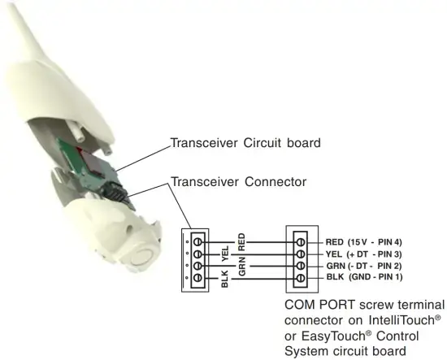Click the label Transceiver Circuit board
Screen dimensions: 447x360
[245, 143]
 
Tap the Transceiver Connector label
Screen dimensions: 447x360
[238, 182]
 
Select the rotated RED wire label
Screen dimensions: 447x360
[241, 241]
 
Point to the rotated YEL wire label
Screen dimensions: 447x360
[225, 254]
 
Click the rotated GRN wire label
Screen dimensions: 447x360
[242, 267]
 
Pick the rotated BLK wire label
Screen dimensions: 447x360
[225, 279]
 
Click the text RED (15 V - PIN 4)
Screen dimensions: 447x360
[364, 242]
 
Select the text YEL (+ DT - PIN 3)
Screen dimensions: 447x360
[364, 254]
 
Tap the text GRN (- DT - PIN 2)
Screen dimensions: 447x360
[364, 266]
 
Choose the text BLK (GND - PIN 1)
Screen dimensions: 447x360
[364, 277]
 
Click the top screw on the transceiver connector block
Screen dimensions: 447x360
[197, 242]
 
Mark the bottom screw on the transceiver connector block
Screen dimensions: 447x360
[197, 278]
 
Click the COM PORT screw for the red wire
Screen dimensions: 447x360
[301, 242]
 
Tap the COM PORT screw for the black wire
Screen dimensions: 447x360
[301, 278]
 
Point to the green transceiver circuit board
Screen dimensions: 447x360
[85, 165]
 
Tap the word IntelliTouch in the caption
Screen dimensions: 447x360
[401, 320]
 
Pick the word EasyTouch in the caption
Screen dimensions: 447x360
[333, 336]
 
